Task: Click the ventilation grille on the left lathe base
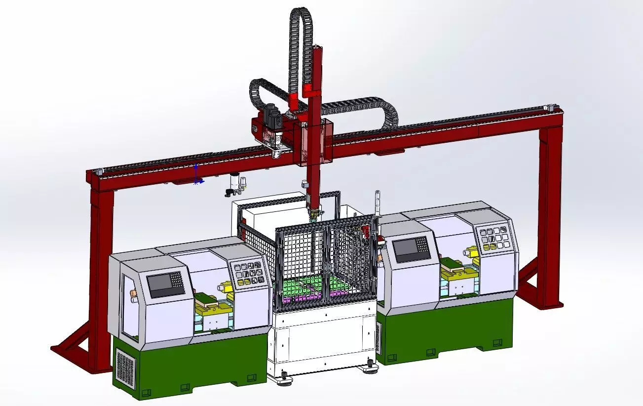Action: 125,366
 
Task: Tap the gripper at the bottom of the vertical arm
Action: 313,213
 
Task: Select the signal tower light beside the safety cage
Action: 378,203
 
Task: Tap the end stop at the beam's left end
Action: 99,171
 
